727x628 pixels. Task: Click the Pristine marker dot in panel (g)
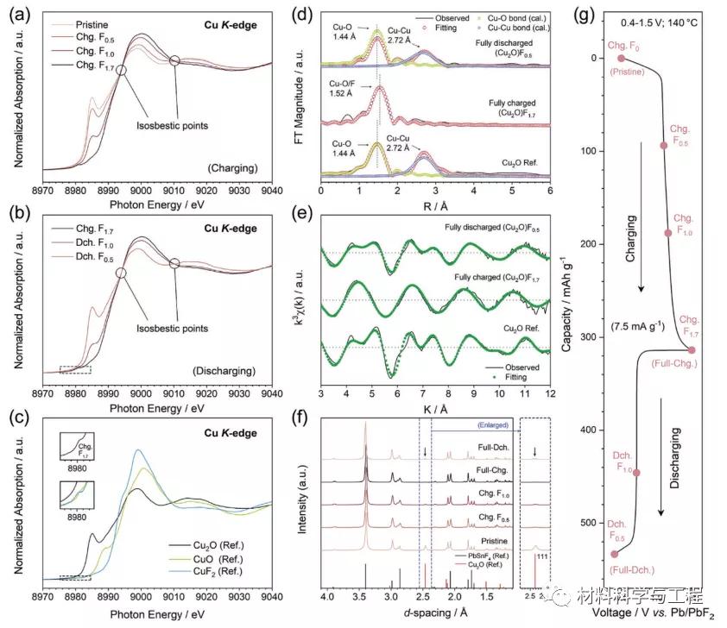point(621,59)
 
